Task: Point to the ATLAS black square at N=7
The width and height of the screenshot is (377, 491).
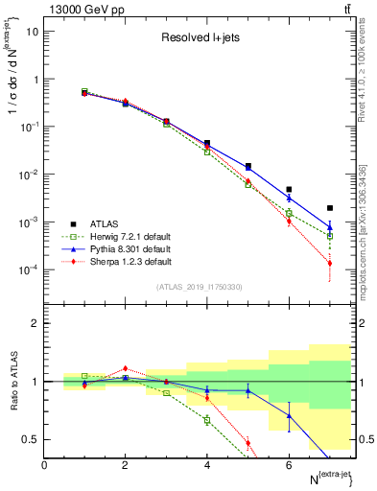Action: click(329, 208)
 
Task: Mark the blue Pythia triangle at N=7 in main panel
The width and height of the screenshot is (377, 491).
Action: click(329, 227)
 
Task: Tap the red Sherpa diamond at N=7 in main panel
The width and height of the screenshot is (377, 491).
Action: click(329, 263)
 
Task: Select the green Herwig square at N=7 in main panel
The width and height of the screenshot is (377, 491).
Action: click(329, 235)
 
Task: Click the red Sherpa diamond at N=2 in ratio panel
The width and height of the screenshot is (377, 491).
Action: click(125, 368)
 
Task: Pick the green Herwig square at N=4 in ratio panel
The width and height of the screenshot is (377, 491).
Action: click(207, 420)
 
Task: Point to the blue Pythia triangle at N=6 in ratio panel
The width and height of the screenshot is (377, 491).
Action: click(289, 415)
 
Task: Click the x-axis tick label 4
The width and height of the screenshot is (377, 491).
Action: click(207, 465)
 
